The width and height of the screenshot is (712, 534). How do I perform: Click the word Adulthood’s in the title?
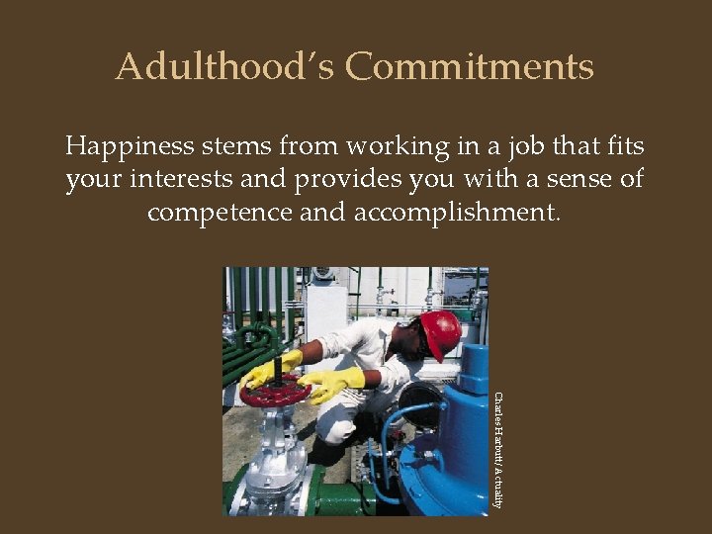(225, 67)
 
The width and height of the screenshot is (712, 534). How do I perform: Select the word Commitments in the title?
(470, 67)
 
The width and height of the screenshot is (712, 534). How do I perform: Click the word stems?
(240, 147)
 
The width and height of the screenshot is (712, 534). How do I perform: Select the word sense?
(560, 181)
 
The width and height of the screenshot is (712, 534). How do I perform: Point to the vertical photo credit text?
(498, 450)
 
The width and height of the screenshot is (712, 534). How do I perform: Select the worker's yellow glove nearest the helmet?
(332, 384)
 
